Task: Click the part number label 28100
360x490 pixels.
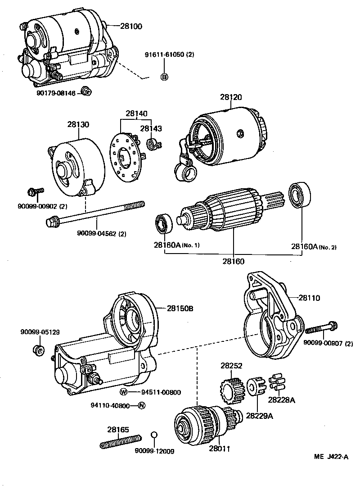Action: (131, 27)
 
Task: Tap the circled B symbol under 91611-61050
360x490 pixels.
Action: (164, 77)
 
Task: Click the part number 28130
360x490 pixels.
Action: (78, 124)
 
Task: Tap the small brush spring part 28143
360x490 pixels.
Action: (154, 145)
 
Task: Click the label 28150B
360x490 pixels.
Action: (180, 309)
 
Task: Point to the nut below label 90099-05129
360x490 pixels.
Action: (39, 350)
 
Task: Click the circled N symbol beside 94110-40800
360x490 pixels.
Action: (141, 405)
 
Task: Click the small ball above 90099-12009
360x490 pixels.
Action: (153, 435)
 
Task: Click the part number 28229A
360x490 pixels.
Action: (259, 416)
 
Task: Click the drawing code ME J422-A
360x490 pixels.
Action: (331, 457)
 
